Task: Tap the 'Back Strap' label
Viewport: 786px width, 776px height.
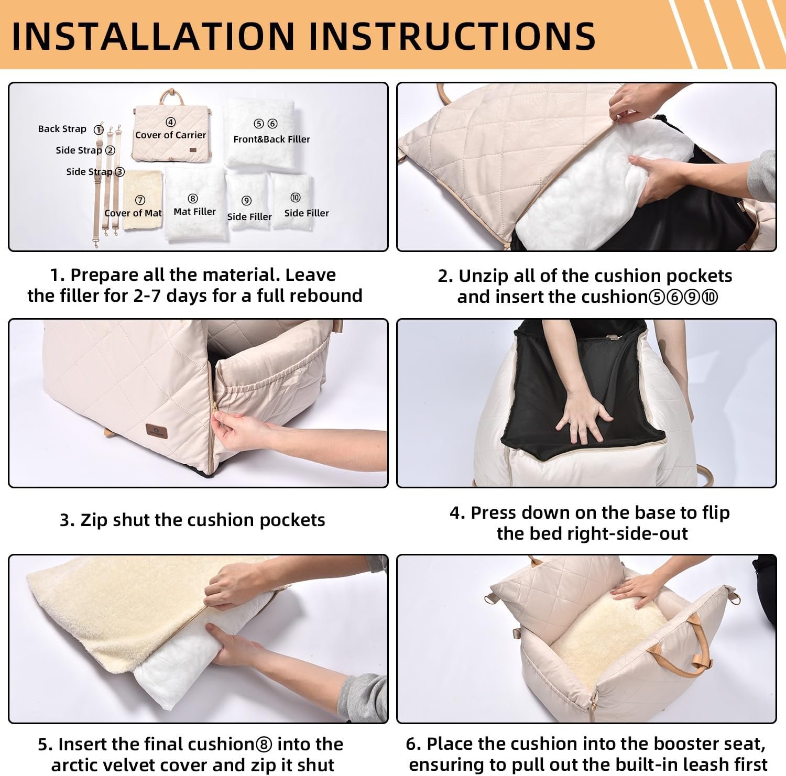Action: pos(62,129)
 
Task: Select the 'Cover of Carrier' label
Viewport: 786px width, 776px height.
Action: pos(170,135)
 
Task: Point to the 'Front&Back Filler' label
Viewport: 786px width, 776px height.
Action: pos(271,139)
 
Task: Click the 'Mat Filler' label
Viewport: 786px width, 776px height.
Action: pos(194,212)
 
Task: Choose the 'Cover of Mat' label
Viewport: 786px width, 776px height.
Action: pos(133,213)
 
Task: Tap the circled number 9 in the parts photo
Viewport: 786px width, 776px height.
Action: pos(246,201)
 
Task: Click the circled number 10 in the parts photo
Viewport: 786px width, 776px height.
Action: pos(296,198)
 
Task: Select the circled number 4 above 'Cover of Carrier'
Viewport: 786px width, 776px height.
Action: pos(170,122)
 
